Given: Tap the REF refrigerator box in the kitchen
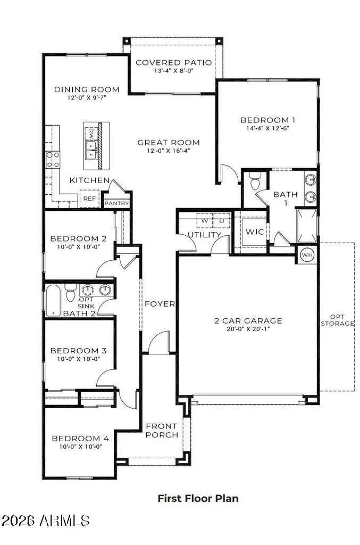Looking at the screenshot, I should (88, 199).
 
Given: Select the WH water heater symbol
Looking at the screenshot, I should (307, 254).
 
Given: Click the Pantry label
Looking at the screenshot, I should (117, 203).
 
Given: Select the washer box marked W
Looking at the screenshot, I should (203, 219).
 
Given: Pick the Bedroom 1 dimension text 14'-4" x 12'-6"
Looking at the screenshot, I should (267, 128).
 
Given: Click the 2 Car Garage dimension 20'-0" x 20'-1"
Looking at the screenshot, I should (248, 329).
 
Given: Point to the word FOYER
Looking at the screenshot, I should (160, 304).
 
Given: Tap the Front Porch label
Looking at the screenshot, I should (162, 431).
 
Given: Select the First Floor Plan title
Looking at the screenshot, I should (198, 499).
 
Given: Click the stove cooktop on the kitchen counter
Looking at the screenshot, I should (53, 159).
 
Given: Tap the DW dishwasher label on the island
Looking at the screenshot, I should (91, 131).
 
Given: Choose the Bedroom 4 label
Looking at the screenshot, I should (80, 439).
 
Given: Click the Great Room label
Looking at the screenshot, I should (169, 143).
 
